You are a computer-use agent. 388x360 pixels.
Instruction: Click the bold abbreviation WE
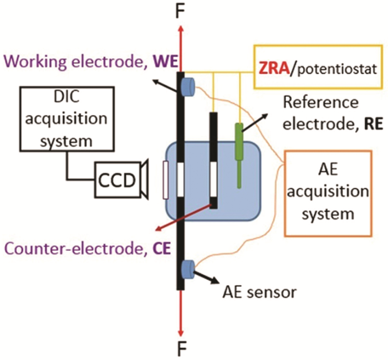[161, 59]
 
